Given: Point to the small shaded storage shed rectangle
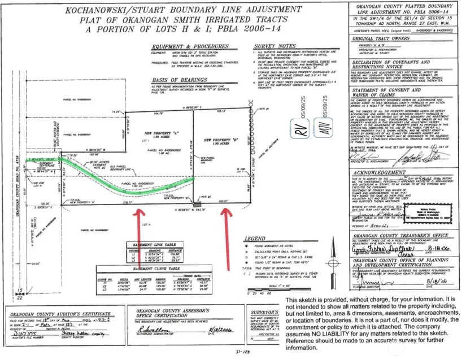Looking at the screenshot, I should [197, 203].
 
